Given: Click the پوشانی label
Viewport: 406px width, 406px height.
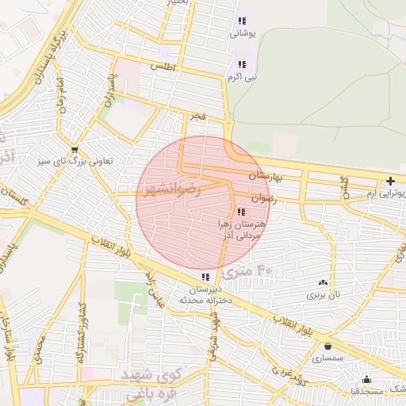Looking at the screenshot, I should [241, 34].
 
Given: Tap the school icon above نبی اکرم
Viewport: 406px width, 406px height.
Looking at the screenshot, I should [242, 64].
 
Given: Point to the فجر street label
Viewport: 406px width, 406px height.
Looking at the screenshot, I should [197, 117].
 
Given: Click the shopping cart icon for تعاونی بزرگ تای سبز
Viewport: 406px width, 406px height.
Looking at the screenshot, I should [75, 148].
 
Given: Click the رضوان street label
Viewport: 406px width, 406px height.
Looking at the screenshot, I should [264, 199].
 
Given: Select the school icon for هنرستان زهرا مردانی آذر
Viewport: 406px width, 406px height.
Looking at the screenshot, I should [241, 212].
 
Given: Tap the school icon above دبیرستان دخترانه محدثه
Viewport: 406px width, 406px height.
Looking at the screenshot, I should [206, 277].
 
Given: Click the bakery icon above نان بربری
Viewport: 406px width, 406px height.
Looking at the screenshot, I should [323, 282].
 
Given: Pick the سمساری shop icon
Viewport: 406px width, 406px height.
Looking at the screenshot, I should [328, 346].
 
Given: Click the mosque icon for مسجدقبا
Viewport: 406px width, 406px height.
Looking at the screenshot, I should [366, 379].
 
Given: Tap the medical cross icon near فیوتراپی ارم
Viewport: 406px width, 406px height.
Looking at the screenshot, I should [390, 182].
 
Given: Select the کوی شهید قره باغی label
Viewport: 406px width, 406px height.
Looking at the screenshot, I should [155, 381].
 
